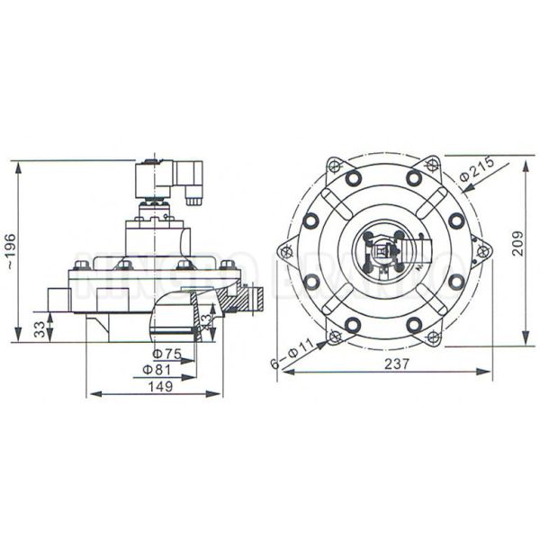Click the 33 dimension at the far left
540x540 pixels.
click(39, 328)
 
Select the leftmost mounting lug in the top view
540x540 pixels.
click(287, 252)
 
